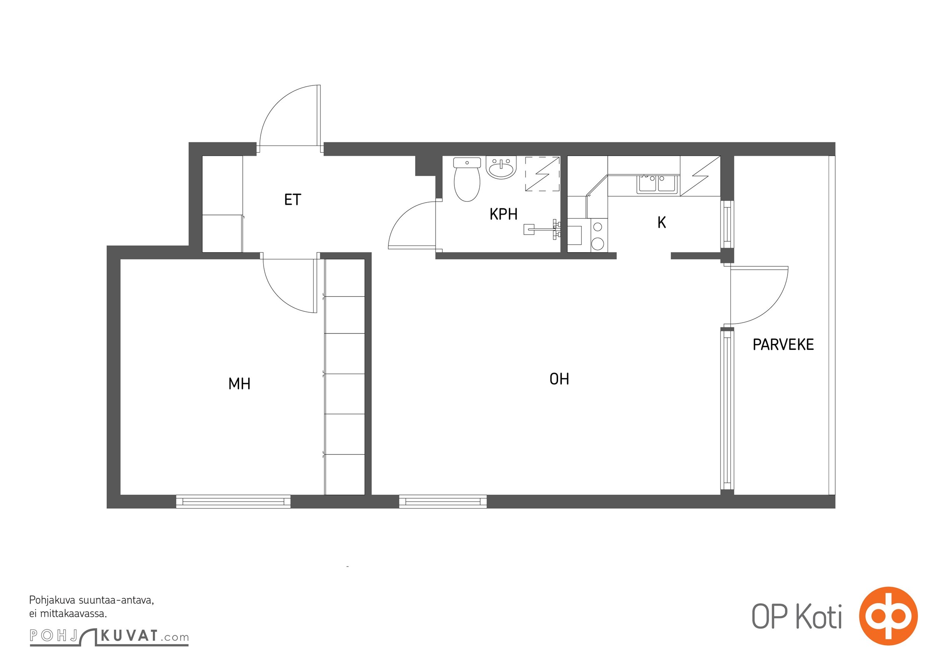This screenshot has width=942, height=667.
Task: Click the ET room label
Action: pos(292,200)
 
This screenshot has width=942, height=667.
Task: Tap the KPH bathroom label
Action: pos(503,214)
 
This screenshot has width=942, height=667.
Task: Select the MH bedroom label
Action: pos(239,384)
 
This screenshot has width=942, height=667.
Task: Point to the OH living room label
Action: pos(559,379)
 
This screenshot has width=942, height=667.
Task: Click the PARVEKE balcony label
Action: pos(783,344)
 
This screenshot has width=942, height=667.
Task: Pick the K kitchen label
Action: pos(662,223)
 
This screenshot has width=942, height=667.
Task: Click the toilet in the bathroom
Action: pos(467,179)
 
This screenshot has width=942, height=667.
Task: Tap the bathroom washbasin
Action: pos(501,168)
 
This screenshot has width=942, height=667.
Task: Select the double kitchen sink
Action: pos(658,184)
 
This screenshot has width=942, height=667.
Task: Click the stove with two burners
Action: pos(598,235)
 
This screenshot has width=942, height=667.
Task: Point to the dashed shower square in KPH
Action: pos(542,174)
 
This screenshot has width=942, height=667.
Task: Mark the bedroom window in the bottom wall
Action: pos(233,501)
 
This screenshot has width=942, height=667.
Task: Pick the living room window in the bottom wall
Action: pos(443,501)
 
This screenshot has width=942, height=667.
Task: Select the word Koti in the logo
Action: pos(819,617)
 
